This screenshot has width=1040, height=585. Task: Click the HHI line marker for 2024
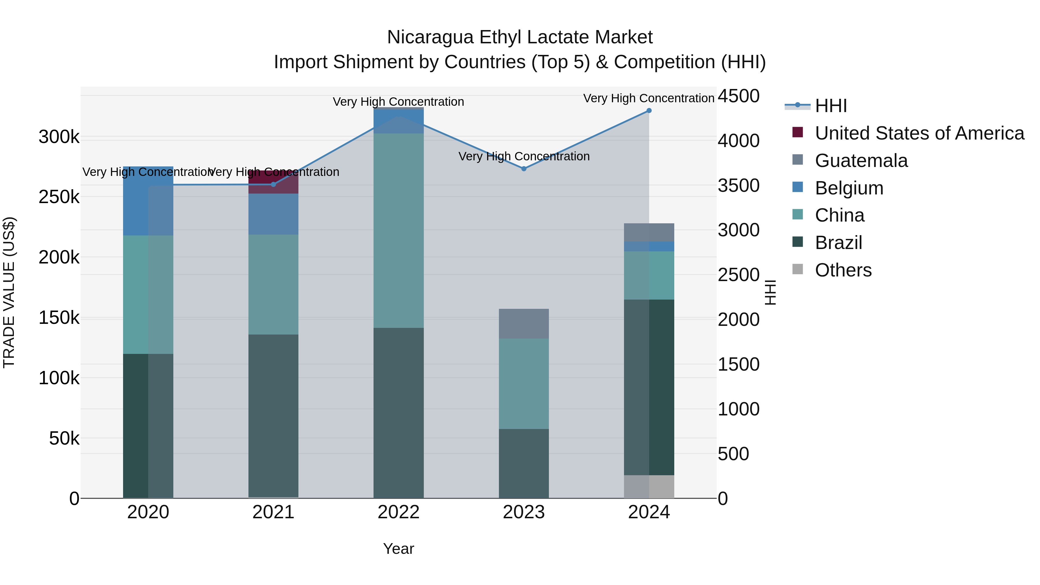(x=649, y=111)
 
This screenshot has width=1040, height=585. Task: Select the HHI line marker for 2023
(x=524, y=169)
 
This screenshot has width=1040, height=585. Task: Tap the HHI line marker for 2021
(x=273, y=185)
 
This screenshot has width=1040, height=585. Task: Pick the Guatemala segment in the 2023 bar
(x=524, y=324)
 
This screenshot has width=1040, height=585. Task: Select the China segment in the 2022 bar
(x=398, y=230)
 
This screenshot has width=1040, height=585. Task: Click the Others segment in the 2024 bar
(x=649, y=486)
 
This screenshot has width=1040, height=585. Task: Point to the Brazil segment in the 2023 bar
(x=524, y=463)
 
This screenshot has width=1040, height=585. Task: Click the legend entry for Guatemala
(x=861, y=161)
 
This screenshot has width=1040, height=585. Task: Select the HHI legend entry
(x=831, y=106)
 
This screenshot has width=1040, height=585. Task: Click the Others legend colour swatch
(x=797, y=269)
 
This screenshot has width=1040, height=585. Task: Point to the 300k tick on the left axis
(x=59, y=137)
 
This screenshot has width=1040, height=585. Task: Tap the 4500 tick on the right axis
(x=738, y=96)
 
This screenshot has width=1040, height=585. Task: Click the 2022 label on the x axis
(x=398, y=512)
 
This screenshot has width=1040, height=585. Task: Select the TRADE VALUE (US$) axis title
(x=9, y=292)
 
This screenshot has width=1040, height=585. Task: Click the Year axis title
(x=398, y=549)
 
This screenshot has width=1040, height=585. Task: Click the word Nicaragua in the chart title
(x=430, y=37)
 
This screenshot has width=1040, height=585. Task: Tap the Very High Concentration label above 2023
(x=524, y=156)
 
